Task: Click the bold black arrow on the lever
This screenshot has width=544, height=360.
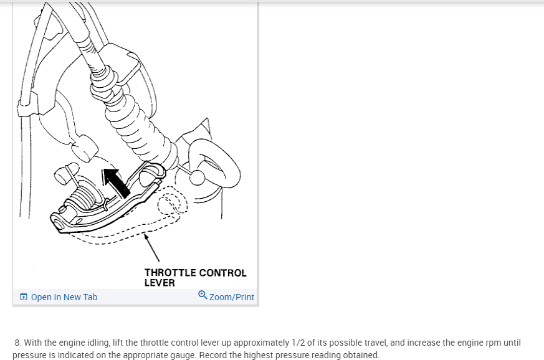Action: coord(116,181)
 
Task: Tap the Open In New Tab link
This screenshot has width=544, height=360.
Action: coord(64,297)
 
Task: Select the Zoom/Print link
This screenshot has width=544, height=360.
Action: coord(232,297)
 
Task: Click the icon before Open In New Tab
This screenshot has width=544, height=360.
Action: coord(24,297)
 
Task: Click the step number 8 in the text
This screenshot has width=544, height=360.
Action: coord(18,343)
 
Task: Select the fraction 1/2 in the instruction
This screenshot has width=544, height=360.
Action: coord(297,343)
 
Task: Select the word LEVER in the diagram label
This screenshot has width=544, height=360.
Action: coord(160,283)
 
